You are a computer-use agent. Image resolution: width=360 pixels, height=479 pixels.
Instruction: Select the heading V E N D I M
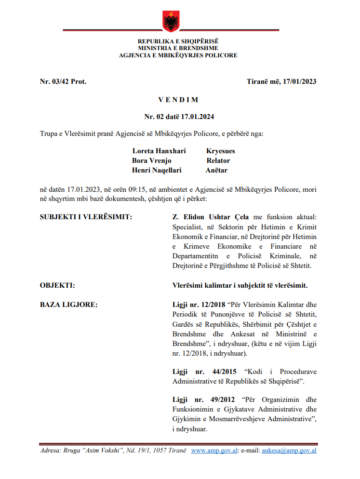coord(178,100)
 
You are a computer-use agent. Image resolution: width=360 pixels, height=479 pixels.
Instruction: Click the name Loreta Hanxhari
coord(159,151)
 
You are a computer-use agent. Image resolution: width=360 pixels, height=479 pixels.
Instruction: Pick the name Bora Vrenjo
coord(152,160)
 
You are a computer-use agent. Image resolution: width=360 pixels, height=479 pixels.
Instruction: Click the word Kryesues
coord(221,151)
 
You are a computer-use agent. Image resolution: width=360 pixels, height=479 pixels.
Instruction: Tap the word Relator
coord(218,160)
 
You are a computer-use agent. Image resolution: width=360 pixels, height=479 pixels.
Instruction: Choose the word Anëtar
coord(217,170)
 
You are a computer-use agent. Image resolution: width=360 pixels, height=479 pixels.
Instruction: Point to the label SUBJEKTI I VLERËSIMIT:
coord(86,217)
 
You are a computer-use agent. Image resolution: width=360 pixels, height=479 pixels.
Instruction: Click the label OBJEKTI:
coord(57,285)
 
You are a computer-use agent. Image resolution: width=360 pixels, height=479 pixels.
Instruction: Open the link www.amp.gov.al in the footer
coord(214,451)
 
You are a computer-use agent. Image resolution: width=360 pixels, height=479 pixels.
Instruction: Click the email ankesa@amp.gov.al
coord(289,451)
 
